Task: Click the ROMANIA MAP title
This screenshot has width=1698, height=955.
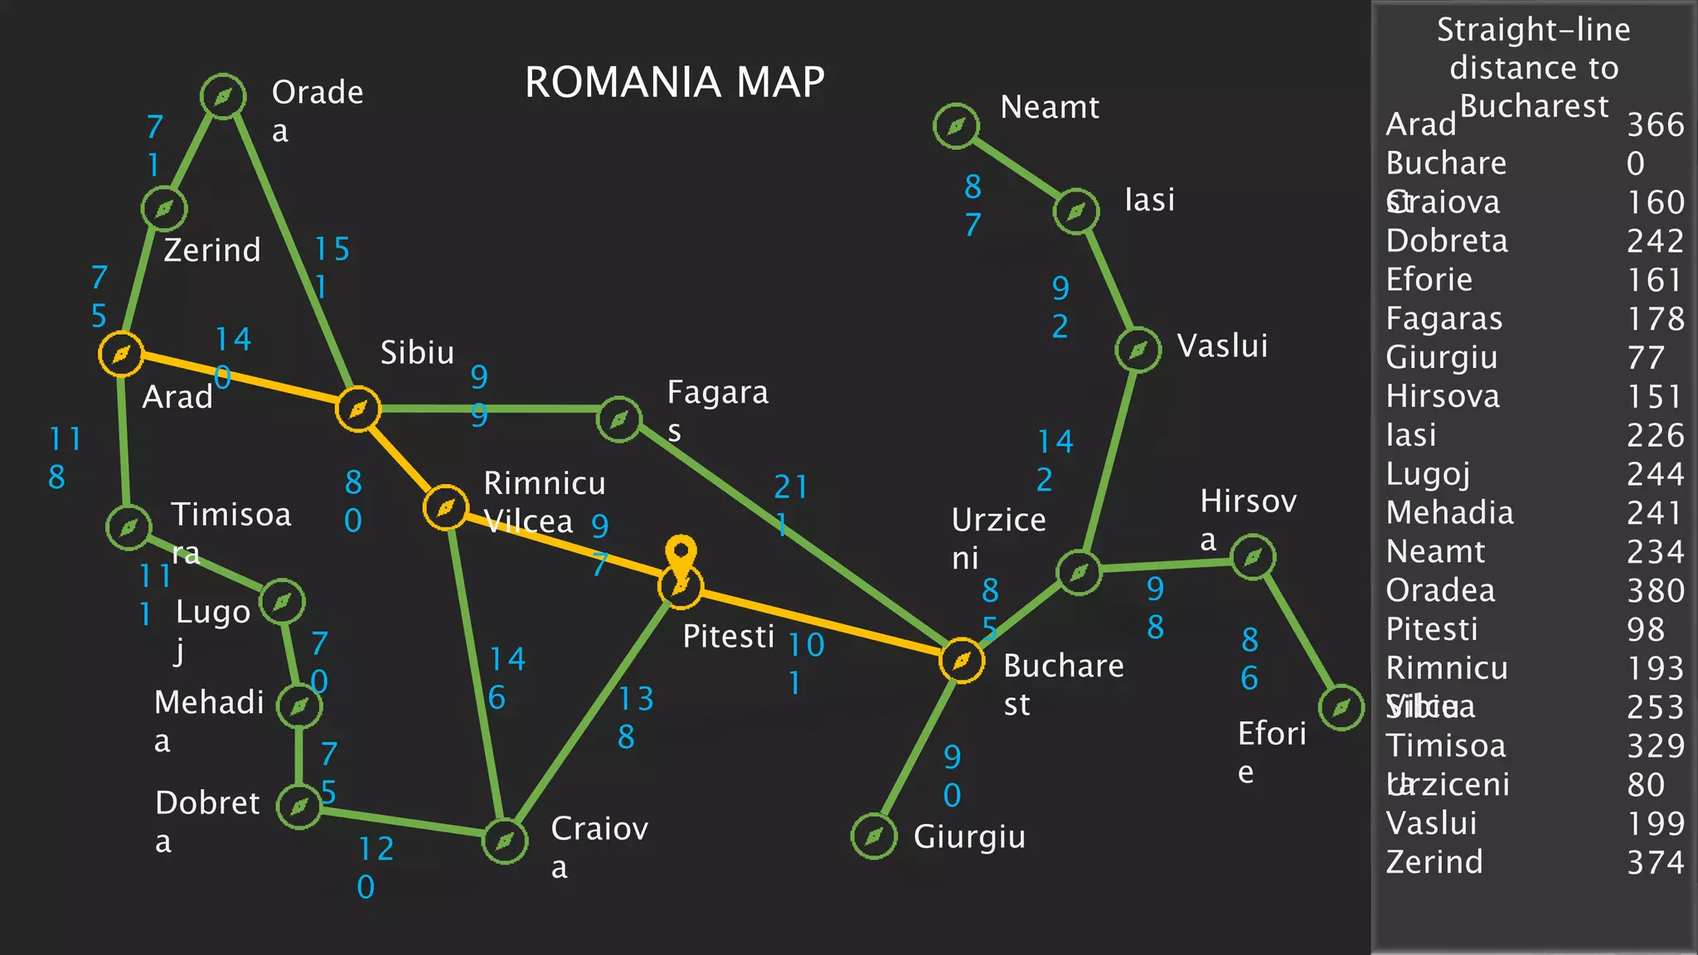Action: [x=674, y=82]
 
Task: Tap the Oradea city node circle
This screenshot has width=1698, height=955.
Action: [x=223, y=97]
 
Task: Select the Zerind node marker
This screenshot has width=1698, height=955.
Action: [x=164, y=208]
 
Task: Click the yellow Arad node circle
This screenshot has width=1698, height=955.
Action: [x=121, y=355]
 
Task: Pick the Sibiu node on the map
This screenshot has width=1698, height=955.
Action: [x=358, y=409]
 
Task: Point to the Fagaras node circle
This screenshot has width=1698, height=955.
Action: [x=619, y=419]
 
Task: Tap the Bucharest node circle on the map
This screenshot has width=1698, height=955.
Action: [x=962, y=661]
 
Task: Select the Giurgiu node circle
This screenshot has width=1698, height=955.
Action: [x=874, y=836]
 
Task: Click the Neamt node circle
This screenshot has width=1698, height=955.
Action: [x=956, y=126]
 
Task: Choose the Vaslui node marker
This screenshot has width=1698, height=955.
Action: [x=1138, y=350]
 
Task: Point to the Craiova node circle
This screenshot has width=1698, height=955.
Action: [x=505, y=841]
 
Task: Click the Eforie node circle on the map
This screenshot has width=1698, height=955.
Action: [x=1341, y=707]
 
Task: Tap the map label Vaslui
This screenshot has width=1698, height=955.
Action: [x=1222, y=347]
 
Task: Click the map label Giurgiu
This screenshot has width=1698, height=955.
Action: [x=969, y=837]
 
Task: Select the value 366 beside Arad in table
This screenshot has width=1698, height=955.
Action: [x=1655, y=125]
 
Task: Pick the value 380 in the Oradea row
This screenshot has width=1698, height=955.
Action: [x=1655, y=591]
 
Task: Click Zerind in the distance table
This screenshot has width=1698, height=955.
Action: [x=1434, y=862]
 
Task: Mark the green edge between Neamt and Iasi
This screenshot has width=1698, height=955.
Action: [x=1016, y=168]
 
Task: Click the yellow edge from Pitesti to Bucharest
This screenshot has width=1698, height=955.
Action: [x=821, y=623]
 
